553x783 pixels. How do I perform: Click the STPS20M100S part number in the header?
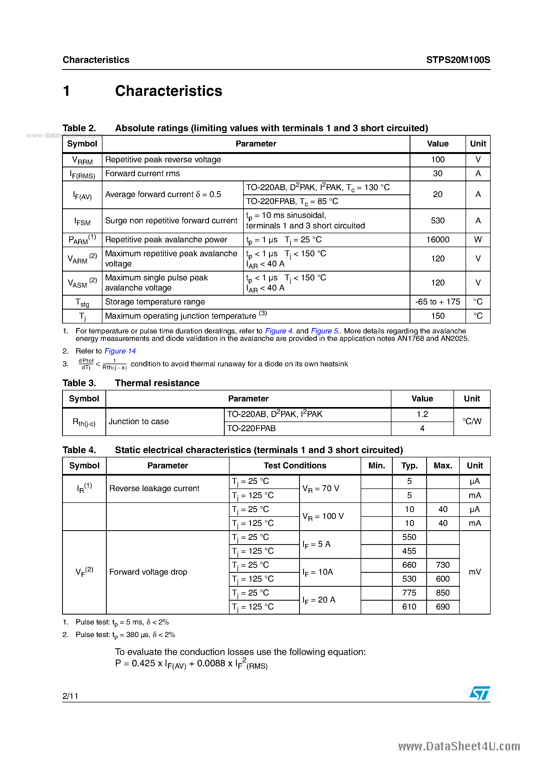tap(458, 60)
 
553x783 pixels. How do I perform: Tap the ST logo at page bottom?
tap(480, 693)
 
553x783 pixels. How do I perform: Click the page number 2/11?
tap(71, 696)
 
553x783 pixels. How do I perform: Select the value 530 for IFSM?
tap(437, 221)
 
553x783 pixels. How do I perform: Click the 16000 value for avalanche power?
tap(437, 240)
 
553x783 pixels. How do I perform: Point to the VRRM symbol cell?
tap(82, 160)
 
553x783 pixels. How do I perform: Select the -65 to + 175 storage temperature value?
tap(437, 302)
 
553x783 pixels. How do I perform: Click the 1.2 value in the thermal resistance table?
tap(422, 414)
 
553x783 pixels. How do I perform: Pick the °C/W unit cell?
tap(472, 421)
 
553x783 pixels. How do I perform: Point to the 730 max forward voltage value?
tap(443, 565)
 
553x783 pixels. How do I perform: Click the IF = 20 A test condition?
tap(319, 600)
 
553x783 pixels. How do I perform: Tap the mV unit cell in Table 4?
tap(475, 572)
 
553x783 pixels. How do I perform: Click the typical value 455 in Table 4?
tap(409, 551)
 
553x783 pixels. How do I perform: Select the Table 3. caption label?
tap(79, 383)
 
